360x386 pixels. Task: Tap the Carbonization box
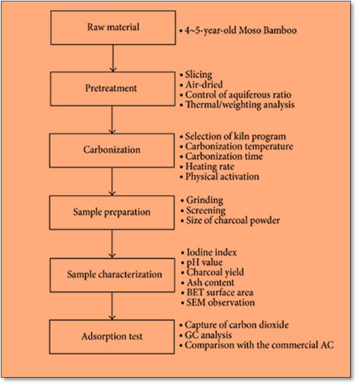pyautogui.click(x=112, y=150)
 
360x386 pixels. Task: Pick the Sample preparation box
pyautogui.click(x=112, y=212)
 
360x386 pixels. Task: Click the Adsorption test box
pyautogui.click(x=112, y=336)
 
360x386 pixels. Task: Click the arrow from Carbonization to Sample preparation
pyautogui.click(x=112, y=181)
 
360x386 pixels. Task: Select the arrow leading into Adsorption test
pyautogui.click(x=112, y=305)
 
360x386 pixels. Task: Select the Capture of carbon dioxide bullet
pyautogui.click(x=236, y=326)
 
